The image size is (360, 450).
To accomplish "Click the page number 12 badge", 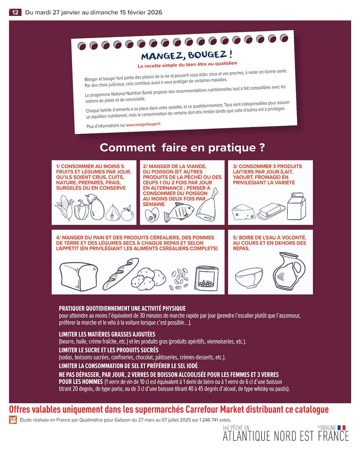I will coord(15,12).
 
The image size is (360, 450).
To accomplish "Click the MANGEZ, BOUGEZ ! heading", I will coord(186,55).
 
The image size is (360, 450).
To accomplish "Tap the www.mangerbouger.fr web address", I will coord(143,124).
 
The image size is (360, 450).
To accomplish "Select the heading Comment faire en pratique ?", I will coord(182,148).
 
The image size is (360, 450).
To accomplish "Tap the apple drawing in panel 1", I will coord(127,214).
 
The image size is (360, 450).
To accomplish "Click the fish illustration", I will coord(179,212).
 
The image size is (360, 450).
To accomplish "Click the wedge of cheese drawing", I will coord(243,212).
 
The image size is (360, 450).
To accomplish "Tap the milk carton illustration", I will coord(296,206).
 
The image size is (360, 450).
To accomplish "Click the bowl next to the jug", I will coord(249,277).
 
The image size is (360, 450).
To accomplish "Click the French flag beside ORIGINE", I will coord(341,427).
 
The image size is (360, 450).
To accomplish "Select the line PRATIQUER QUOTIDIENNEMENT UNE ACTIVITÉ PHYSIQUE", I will coord(122,308).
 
